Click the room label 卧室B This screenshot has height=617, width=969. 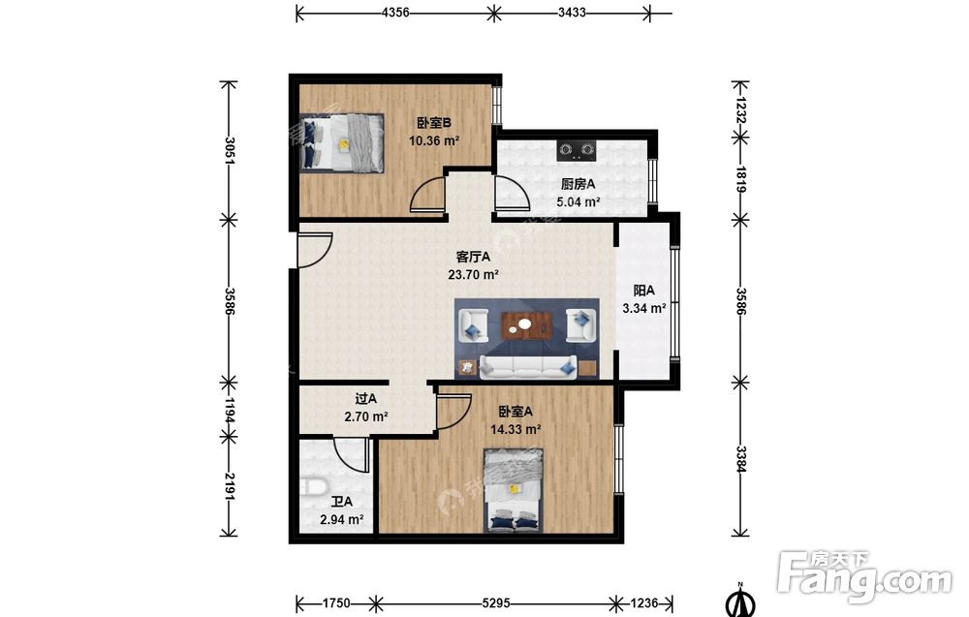[434, 124]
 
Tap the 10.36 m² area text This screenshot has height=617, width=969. [434, 140]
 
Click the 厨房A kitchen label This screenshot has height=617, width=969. [578, 184]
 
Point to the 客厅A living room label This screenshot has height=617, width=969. [473, 257]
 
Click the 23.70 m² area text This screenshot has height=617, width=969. [474, 275]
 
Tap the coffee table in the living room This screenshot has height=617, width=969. [526, 324]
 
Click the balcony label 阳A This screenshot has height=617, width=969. [644, 291]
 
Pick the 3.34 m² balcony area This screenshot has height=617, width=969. [644, 308]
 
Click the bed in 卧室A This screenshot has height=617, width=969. [514, 491]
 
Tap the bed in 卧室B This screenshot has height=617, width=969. [342, 142]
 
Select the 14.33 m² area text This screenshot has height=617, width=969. [516, 429]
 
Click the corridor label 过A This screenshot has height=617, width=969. [366, 399]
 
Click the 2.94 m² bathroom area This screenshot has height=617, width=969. [341, 520]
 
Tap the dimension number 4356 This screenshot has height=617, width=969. [395, 13]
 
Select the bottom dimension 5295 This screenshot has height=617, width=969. [496, 602]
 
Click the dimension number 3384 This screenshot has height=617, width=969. [741, 459]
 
